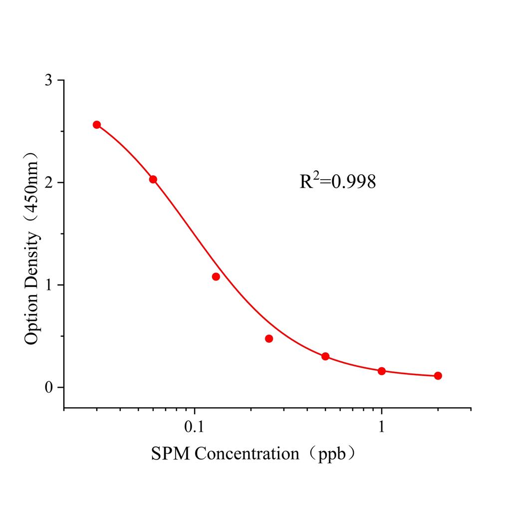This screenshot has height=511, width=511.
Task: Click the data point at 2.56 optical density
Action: click(x=97, y=125)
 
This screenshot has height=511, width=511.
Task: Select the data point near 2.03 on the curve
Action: click(x=153, y=180)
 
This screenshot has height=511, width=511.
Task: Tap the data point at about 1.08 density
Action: click(x=216, y=276)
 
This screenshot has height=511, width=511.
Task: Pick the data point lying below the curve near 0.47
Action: click(x=269, y=338)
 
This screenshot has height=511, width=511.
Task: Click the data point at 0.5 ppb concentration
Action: click(x=325, y=356)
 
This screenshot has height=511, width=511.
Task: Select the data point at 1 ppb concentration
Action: click(x=382, y=371)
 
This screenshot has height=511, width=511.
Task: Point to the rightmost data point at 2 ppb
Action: click(x=438, y=376)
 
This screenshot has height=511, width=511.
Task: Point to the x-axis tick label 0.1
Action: click(x=194, y=428)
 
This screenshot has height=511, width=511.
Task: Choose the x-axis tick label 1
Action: click(x=382, y=428)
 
